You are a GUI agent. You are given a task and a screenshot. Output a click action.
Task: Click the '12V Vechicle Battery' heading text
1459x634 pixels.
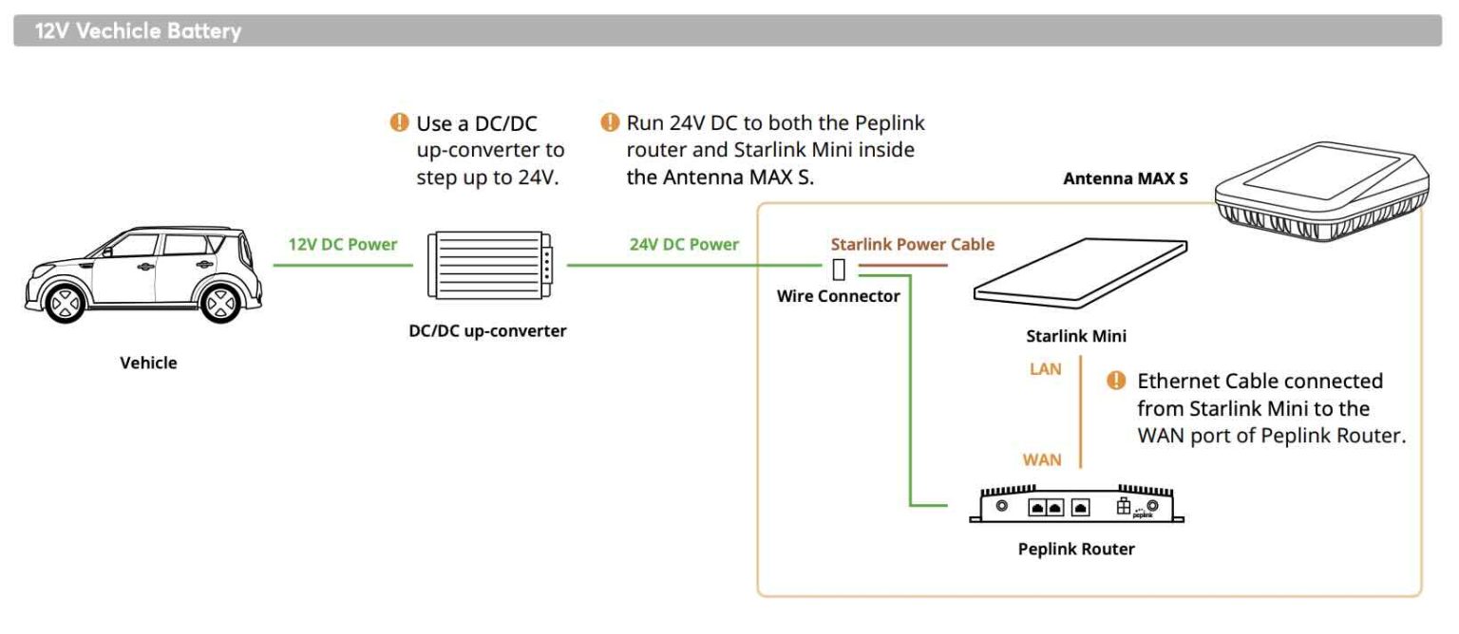coord(138,31)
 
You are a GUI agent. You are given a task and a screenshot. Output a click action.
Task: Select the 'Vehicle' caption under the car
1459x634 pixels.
coord(148,363)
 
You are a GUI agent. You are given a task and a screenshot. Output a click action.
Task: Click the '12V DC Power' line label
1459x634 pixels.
coord(343,244)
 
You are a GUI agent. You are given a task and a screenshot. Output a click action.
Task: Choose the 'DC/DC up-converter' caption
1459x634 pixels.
coord(487,332)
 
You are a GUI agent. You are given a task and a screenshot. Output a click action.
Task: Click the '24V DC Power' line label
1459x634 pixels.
coord(684,244)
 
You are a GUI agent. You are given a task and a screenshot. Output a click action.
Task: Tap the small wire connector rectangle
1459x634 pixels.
coord(839,270)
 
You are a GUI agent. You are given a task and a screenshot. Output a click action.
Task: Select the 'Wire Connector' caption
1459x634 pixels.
coord(838,296)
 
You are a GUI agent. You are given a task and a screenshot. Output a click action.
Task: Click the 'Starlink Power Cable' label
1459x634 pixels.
coord(913,244)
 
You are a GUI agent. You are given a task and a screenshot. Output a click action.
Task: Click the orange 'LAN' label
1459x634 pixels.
coord(1046,368)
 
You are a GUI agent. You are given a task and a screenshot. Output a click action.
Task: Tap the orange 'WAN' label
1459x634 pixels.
coord(1042,460)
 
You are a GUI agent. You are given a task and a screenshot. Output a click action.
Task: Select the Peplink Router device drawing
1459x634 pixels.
coord(1076,505)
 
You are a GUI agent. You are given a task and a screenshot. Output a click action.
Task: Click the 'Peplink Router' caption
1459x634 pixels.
coord(1076,549)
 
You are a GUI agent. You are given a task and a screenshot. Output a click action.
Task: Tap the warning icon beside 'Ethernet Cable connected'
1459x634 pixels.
coord(1117,382)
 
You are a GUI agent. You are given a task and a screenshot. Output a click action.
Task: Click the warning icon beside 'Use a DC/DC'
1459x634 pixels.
coord(398,122)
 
